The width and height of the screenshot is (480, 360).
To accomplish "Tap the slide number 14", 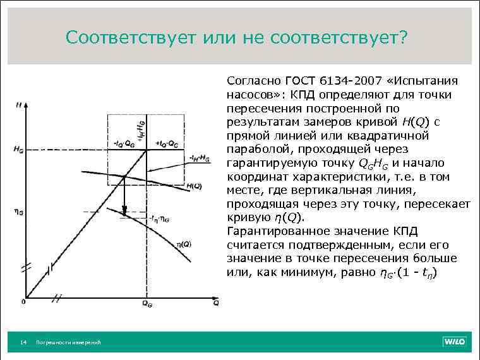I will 23,342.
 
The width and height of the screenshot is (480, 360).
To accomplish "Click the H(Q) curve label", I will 194,186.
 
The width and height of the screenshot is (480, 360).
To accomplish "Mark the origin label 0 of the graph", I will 23,302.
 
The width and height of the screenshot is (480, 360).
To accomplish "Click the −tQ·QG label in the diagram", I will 123,142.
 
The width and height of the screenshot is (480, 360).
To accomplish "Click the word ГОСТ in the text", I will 298,81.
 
